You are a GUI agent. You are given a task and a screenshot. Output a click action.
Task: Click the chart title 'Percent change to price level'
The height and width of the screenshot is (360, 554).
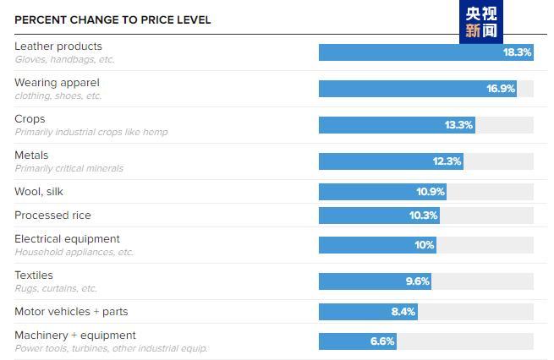tap(112, 19)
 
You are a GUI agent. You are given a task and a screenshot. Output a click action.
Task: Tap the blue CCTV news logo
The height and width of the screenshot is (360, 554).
tap(480, 21)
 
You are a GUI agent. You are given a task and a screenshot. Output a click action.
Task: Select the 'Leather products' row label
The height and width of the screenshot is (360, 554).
tap(58, 46)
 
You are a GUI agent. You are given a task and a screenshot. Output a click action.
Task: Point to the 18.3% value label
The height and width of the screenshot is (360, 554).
tap(517, 52)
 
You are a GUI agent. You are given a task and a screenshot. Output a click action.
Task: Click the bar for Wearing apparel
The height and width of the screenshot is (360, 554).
tap(418, 89)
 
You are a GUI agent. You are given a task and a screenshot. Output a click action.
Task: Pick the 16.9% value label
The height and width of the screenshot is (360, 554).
tap(501, 89)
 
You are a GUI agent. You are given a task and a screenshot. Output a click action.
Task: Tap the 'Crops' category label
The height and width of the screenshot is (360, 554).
tap(30, 119)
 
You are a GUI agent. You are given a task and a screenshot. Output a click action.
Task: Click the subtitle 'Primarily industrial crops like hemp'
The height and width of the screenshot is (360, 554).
tap(91, 132)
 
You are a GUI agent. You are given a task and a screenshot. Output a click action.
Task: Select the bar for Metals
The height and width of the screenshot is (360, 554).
tap(391, 161)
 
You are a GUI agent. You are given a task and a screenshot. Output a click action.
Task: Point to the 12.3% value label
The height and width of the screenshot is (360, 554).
tap(447, 161)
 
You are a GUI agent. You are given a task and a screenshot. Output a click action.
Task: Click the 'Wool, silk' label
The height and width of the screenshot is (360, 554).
tap(39, 192)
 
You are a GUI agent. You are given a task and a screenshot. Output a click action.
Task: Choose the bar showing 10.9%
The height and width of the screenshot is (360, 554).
tap(382, 192)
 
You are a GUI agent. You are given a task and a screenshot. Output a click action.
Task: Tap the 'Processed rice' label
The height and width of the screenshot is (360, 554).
tap(52, 215)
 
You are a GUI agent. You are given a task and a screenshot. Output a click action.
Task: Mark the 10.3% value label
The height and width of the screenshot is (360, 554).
tap(423, 215)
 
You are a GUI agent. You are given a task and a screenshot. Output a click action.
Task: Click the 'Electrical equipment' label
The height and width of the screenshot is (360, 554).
tap(67, 239)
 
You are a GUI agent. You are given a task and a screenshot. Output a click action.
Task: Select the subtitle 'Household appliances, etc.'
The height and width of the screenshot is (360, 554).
tap(74, 252)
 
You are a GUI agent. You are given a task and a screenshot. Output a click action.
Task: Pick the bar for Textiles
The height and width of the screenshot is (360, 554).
tap(375, 281)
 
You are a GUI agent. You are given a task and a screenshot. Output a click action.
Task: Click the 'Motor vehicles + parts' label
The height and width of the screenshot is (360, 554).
tap(71, 312)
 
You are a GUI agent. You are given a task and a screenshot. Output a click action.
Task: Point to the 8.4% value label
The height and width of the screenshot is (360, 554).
tap(403, 312)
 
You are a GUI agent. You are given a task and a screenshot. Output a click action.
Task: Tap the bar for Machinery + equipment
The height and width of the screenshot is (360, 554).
tap(357, 341)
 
